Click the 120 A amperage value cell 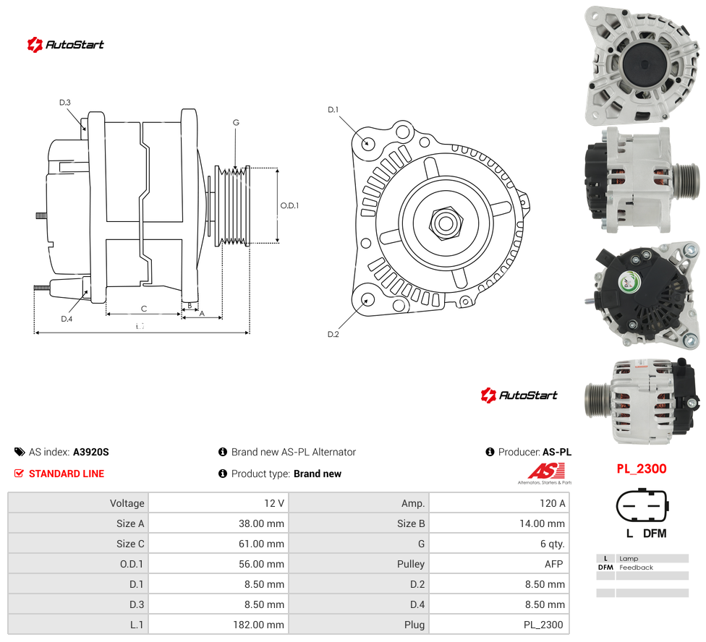point(552,503)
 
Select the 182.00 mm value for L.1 point(258,625)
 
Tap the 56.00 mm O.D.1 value point(261,564)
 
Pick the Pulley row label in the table point(411,564)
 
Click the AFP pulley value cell point(554,564)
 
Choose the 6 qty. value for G point(553,544)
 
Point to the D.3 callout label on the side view point(65,103)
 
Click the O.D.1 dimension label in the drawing point(289,205)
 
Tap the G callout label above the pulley point(236,122)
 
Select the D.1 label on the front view point(333,110)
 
